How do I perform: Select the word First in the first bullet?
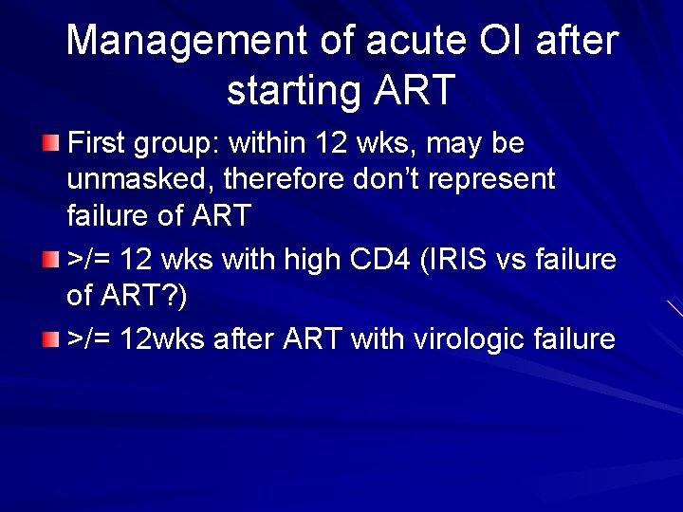98,144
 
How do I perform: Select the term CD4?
361,259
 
